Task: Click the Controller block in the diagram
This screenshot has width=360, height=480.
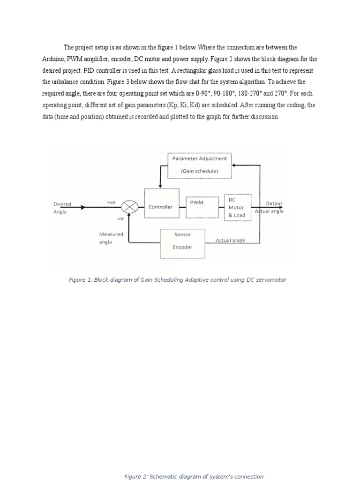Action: pyautogui.click(x=161, y=203)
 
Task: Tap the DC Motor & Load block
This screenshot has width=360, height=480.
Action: pyautogui.click(x=237, y=207)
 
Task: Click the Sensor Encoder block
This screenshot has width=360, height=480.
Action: pyautogui.click(x=182, y=243)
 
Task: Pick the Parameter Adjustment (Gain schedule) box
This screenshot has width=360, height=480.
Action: pyautogui.click(x=199, y=165)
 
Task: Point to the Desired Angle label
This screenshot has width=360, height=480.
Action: pyautogui.click(x=62, y=208)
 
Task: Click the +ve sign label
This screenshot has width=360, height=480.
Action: pyautogui.click(x=111, y=202)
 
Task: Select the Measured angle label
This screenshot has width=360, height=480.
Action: pyautogui.click(x=111, y=238)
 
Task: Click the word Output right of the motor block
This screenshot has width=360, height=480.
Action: pyautogui.click(x=274, y=203)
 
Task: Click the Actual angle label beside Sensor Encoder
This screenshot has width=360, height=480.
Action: pyautogui.click(x=230, y=240)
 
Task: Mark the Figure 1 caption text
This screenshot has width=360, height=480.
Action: pyautogui.click(x=177, y=280)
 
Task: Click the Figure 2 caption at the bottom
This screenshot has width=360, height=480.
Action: pyautogui.click(x=194, y=476)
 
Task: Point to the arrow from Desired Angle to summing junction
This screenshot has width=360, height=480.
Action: pyautogui.click(x=98, y=207)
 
